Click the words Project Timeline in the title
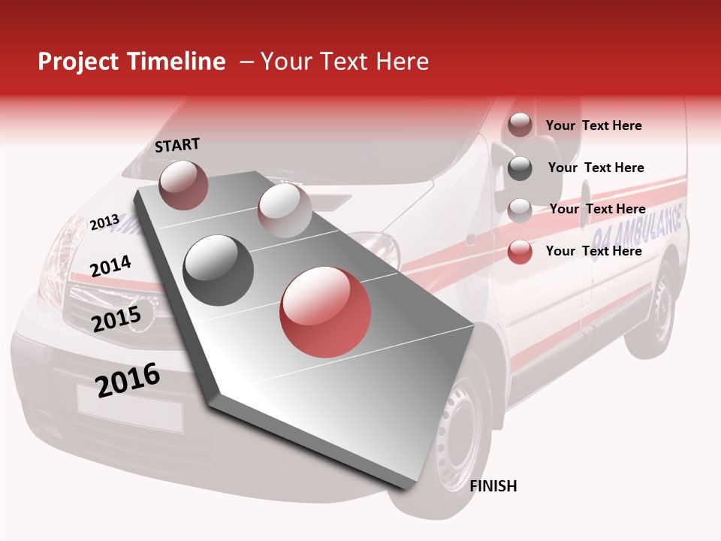pyautogui.click(x=131, y=62)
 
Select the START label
pyautogui.click(x=177, y=145)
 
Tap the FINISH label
pyautogui.click(x=493, y=486)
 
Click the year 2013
pyautogui.click(x=104, y=222)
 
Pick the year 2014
pyautogui.click(x=110, y=266)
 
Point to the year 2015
pyautogui.click(x=116, y=319)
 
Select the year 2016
pyautogui.click(x=128, y=379)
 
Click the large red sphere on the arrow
pyautogui.click(x=325, y=312)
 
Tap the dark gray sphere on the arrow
pyautogui.click(x=219, y=270)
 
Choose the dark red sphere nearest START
pyautogui.click(x=183, y=185)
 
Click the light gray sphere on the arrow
pyautogui.click(x=285, y=210)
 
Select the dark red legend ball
pyautogui.click(x=520, y=125)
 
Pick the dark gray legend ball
pyautogui.click(x=520, y=168)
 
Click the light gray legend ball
pyautogui.click(x=520, y=210)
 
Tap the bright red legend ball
pyautogui.click(x=520, y=252)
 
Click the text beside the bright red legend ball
pyautogui.click(x=593, y=251)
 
